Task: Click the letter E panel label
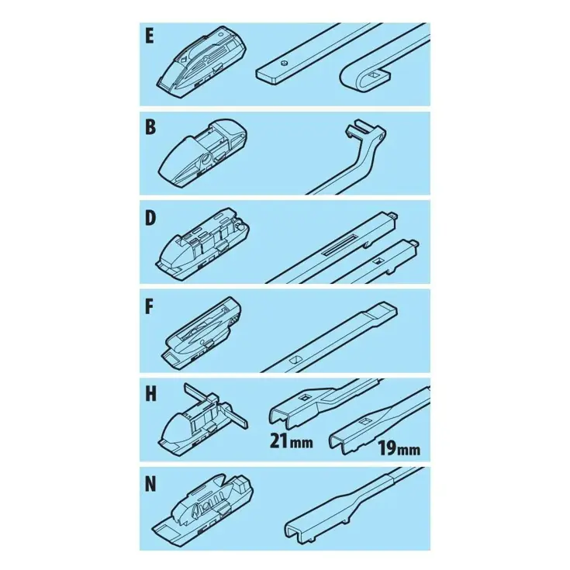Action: click(150, 36)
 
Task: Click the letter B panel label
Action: click(150, 127)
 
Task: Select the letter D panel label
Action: click(150, 218)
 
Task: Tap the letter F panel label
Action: click(149, 307)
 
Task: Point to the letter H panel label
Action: click(150, 395)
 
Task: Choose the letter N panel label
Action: click(150, 485)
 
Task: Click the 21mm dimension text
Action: click(291, 441)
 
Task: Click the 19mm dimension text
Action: click(399, 448)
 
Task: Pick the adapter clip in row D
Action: click(203, 242)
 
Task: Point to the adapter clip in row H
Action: click(202, 420)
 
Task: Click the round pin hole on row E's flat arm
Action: click(284, 64)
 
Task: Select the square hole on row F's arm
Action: click(293, 360)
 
